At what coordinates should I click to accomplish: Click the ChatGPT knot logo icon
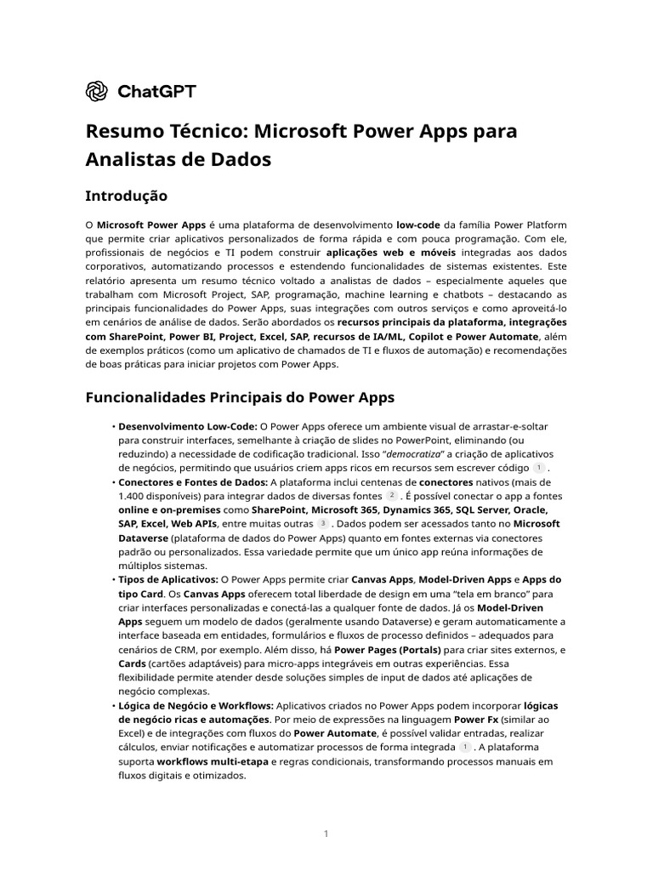pyautogui.click(x=97, y=91)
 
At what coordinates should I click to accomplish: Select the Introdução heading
pyautogui.click(x=126, y=196)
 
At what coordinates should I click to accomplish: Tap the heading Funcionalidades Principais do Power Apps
pyautogui.click(x=240, y=397)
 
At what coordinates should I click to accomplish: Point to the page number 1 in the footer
pyautogui.click(x=326, y=834)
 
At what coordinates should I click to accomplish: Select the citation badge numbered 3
pyautogui.click(x=323, y=524)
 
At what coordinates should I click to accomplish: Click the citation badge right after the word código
pyautogui.click(x=538, y=468)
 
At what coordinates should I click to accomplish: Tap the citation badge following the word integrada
pyautogui.click(x=464, y=746)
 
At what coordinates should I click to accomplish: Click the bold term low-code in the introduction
pyautogui.click(x=418, y=225)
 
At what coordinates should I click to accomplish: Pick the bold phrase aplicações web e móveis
pyautogui.click(x=391, y=253)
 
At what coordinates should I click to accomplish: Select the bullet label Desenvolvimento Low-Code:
pyautogui.click(x=188, y=425)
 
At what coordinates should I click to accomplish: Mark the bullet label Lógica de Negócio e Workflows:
pyautogui.click(x=196, y=705)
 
